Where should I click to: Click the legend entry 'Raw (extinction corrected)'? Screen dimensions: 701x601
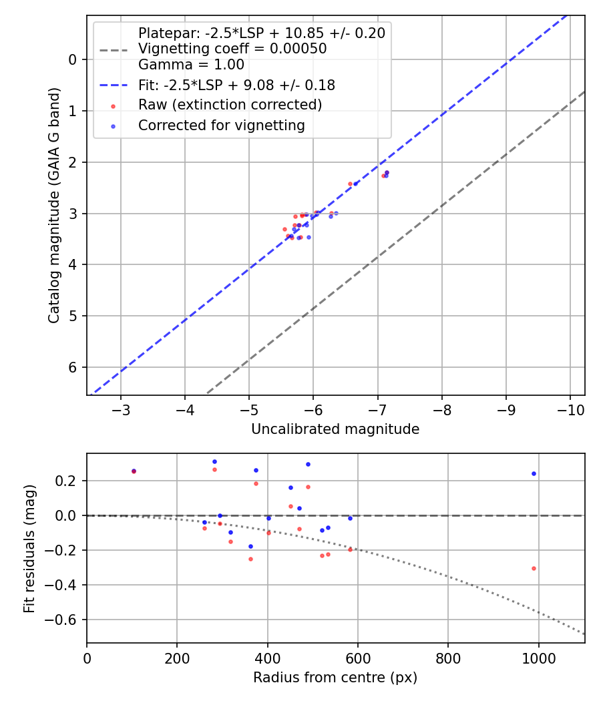coord(230,105)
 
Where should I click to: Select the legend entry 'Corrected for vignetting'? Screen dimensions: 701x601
coord(221,125)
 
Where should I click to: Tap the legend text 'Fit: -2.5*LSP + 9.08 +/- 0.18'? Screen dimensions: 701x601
coord(236,85)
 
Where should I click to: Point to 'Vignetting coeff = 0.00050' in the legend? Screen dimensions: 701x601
coord(232,49)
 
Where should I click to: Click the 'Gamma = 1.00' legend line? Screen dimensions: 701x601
coord(191,65)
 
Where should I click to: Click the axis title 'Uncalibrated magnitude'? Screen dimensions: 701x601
coord(335,429)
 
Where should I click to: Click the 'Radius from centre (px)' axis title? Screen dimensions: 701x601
coord(335,678)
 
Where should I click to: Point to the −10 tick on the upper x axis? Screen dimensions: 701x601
coord(570,409)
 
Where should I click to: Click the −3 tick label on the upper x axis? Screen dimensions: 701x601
coord(121,409)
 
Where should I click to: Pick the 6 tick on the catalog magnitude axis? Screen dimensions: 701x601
coord(73,367)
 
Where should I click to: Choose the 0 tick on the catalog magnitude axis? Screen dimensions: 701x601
coord(73,59)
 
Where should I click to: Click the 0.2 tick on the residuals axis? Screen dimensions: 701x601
coord(69,481)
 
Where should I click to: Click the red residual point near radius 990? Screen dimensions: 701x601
coord(534,568)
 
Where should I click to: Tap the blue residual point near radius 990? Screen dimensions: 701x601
coord(534,473)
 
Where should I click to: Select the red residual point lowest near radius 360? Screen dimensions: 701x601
coord(251,559)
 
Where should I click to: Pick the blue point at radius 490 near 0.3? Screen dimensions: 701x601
coord(308,464)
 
